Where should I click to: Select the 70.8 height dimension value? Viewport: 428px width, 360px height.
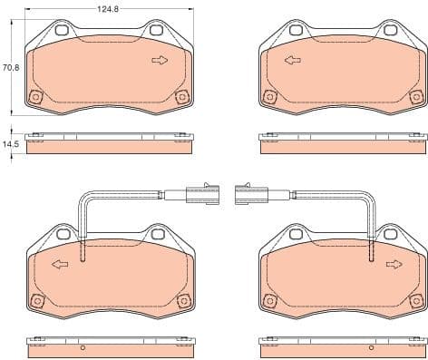(11, 67)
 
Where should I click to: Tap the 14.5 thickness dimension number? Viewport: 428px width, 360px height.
(11, 143)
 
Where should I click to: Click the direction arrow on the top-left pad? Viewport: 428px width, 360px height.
(160, 61)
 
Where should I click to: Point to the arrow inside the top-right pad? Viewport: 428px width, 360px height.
(293, 61)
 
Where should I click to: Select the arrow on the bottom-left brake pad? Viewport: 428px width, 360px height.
(60, 265)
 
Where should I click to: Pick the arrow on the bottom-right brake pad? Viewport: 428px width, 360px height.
(394, 265)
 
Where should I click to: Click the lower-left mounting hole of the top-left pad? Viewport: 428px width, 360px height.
(36, 98)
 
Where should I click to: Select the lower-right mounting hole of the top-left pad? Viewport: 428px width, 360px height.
(182, 98)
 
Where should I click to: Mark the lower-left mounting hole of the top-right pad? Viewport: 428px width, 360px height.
(269, 98)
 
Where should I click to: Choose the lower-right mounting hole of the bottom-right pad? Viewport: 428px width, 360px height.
(416, 301)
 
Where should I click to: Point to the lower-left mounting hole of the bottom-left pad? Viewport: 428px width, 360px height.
(36, 301)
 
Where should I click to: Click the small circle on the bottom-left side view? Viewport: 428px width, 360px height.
(83, 347)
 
